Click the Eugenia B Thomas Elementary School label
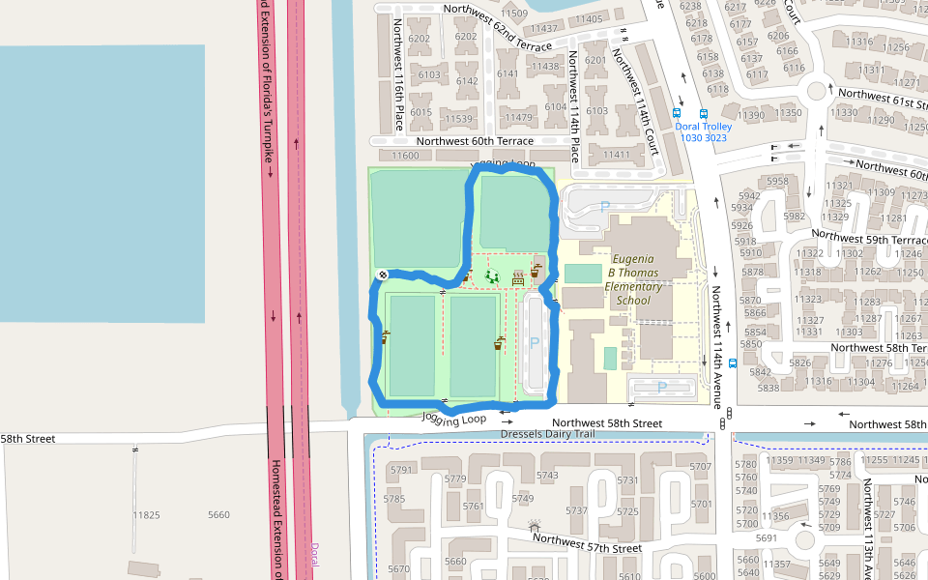pos(633,279)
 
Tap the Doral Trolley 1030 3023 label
pos(703,132)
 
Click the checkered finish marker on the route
pos(383,275)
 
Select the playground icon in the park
pos(491,277)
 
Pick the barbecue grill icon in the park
pos(518,277)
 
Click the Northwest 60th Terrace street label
pos(462,141)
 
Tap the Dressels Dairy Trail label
pos(548,434)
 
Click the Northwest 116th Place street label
pos(398,62)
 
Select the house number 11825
pos(146,515)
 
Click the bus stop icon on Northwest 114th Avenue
pos(733,364)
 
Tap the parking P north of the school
pos(605,206)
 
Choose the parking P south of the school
pos(662,388)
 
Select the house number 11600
pos(405,156)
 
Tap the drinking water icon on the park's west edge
pos(386,336)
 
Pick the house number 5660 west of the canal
pos(218,515)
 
